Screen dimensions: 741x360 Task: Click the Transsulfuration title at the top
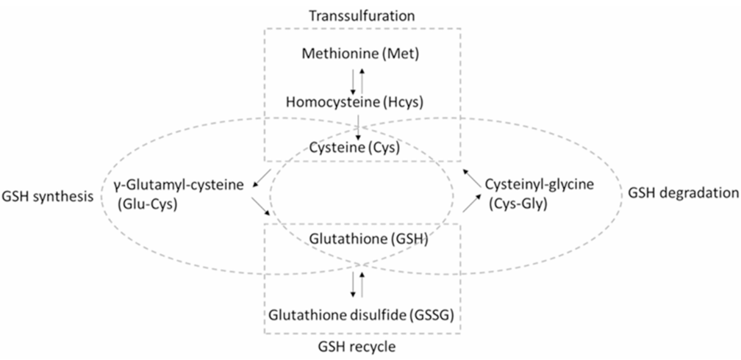coord(362,15)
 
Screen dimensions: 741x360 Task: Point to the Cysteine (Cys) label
coord(354,148)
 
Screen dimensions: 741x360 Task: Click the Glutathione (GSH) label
coord(368,240)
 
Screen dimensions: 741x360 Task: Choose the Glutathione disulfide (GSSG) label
coord(362,314)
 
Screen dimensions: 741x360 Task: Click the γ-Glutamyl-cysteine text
coord(179,186)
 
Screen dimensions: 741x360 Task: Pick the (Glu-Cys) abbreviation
coord(146,205)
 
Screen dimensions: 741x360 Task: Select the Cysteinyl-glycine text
coord(540,184)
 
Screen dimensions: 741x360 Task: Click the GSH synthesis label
coord(47,196)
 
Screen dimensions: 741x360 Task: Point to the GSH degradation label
coord(684,193)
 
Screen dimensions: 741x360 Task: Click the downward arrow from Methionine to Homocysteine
coord(353,81)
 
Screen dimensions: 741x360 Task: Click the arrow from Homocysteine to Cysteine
coord(359,127)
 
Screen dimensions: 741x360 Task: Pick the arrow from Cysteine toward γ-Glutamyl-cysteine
coord(262,178)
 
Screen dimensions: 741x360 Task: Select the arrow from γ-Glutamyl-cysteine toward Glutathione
coord(262,206)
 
